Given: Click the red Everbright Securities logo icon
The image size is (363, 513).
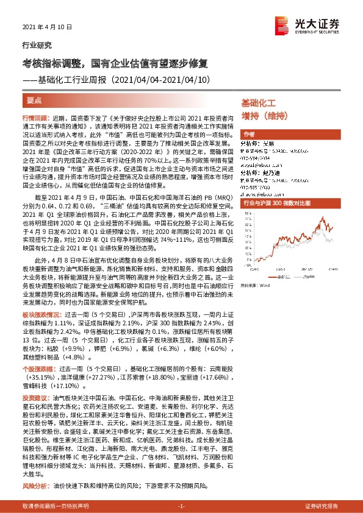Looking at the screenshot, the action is (x=282, y=24).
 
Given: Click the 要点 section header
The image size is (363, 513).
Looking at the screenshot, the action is (x=34, y=100).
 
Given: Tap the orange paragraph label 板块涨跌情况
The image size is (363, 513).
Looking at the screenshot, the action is (x=40, y=327).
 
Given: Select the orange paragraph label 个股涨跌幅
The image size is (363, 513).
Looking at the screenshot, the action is (x=37, y=369).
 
